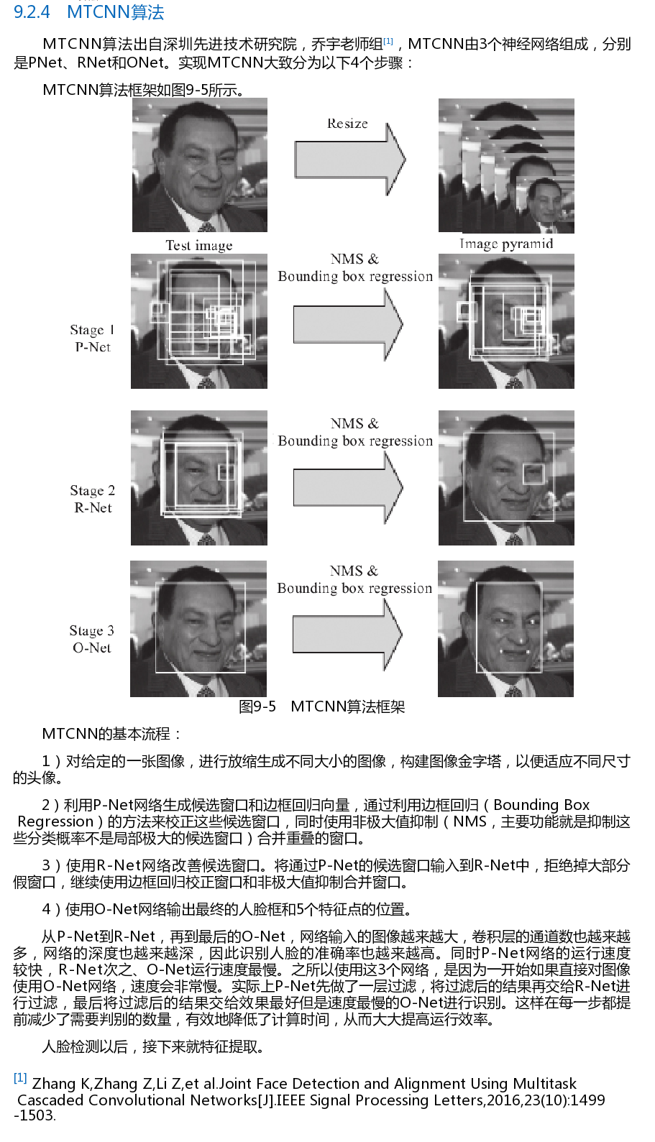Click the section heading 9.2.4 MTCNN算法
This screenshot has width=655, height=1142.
(x=89, y=12)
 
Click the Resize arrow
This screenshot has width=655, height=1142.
(x=350, y=160)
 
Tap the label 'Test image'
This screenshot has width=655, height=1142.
(x=199, y=246)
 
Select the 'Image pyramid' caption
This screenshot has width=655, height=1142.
(x=506, y=244)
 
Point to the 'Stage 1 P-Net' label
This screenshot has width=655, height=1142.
(x=92, y=339)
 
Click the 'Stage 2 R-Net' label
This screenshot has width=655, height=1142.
(x=93, y=499)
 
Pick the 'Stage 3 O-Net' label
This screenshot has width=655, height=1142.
(x=92, y=639)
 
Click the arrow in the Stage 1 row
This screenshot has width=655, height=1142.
(x=348, y=324)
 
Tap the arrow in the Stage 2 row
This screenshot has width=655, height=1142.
(x=348, y=488)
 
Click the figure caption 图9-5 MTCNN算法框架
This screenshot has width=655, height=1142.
(x=322, y=706)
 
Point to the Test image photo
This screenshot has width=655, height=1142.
(x=200, y=165)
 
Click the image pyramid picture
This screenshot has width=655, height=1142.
(x=506, y=166)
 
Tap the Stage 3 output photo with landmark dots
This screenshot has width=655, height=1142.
(x=505, y=629)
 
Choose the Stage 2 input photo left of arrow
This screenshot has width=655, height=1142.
(x=199, y=478)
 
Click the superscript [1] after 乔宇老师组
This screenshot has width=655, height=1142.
(x=388, y=42)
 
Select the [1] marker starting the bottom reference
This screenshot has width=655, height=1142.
(x=20, y=1078)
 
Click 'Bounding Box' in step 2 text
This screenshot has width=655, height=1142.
(x=541, y=805)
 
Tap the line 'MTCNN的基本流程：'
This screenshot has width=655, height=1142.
(x=111, y=734)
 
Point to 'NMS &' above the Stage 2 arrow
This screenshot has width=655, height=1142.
(x=354, y=423)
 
